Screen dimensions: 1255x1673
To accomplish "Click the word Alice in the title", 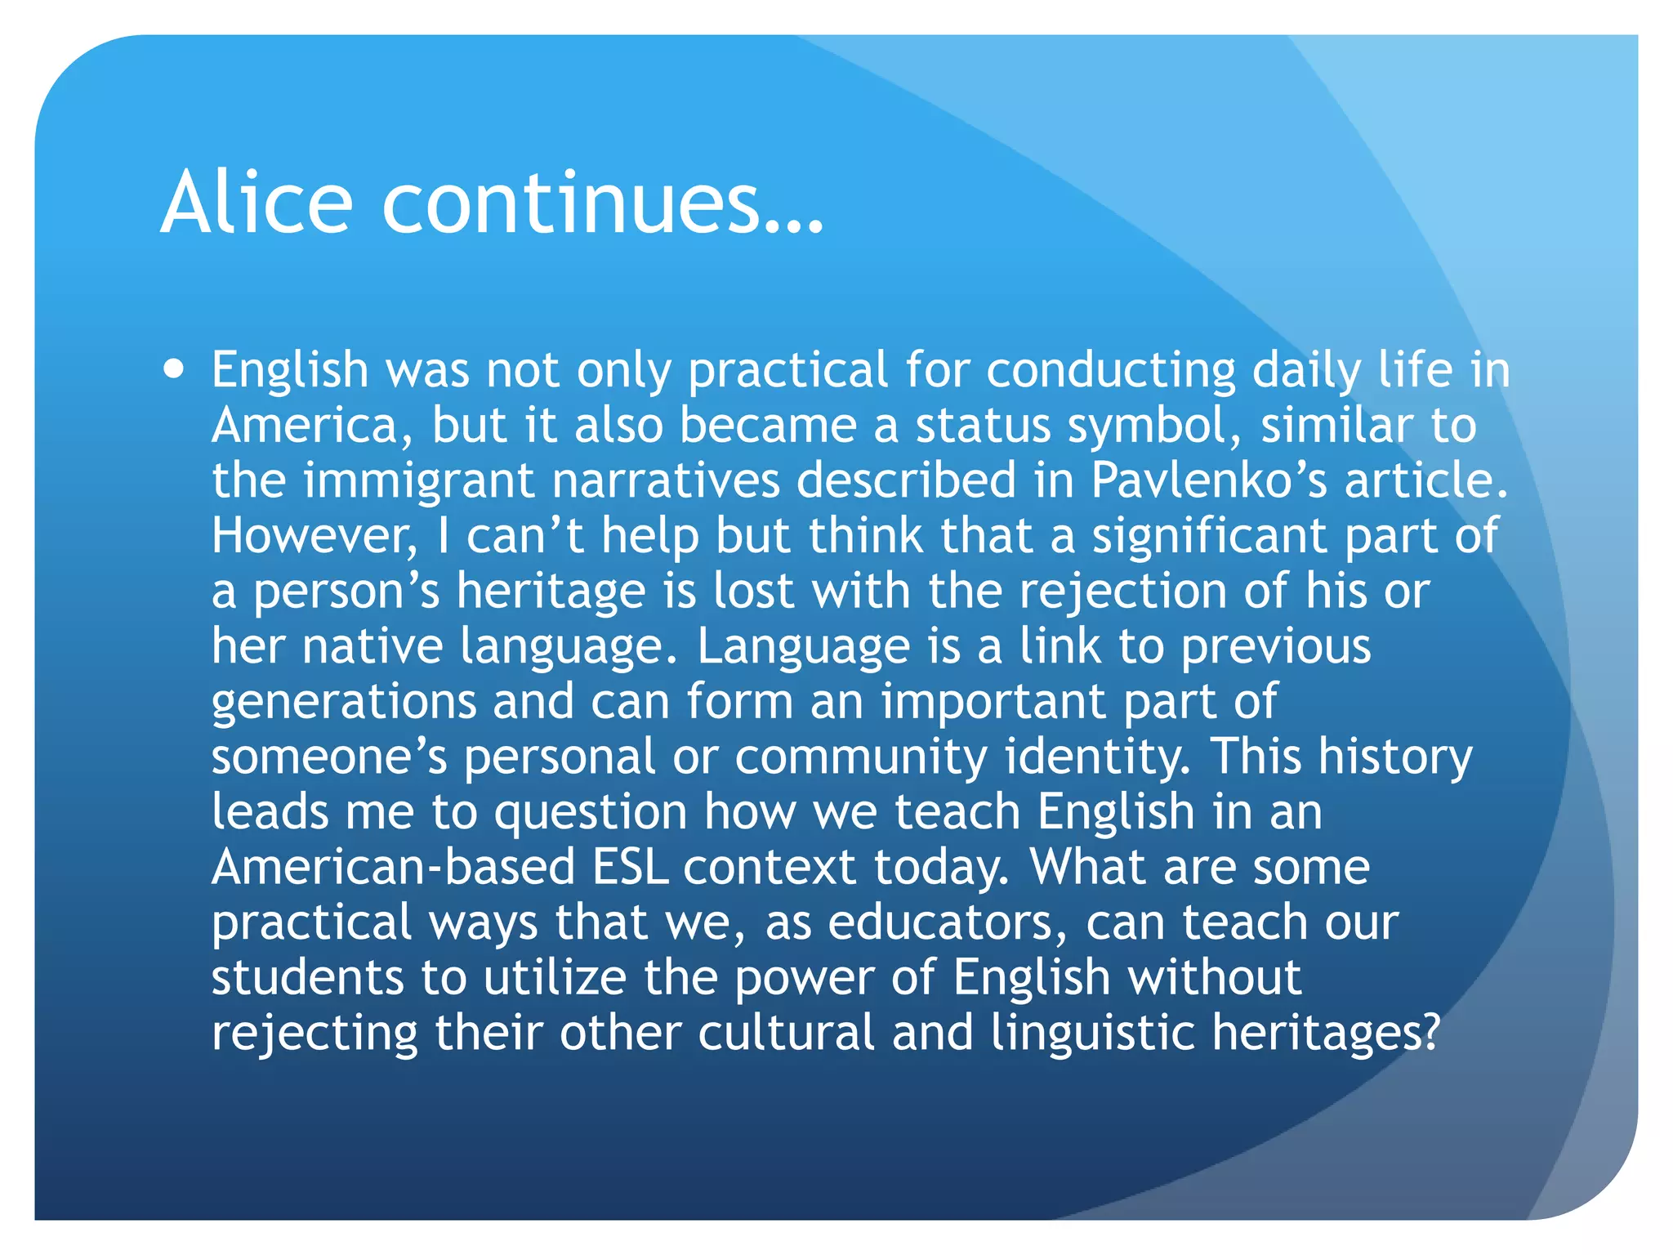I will pos(257,202).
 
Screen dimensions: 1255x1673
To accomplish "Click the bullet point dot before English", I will pos(173,368).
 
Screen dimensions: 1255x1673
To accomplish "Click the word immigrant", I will pos(419,480).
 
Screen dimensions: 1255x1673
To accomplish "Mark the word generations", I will pos(344,701).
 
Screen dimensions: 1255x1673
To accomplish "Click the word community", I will pos(861,757).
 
